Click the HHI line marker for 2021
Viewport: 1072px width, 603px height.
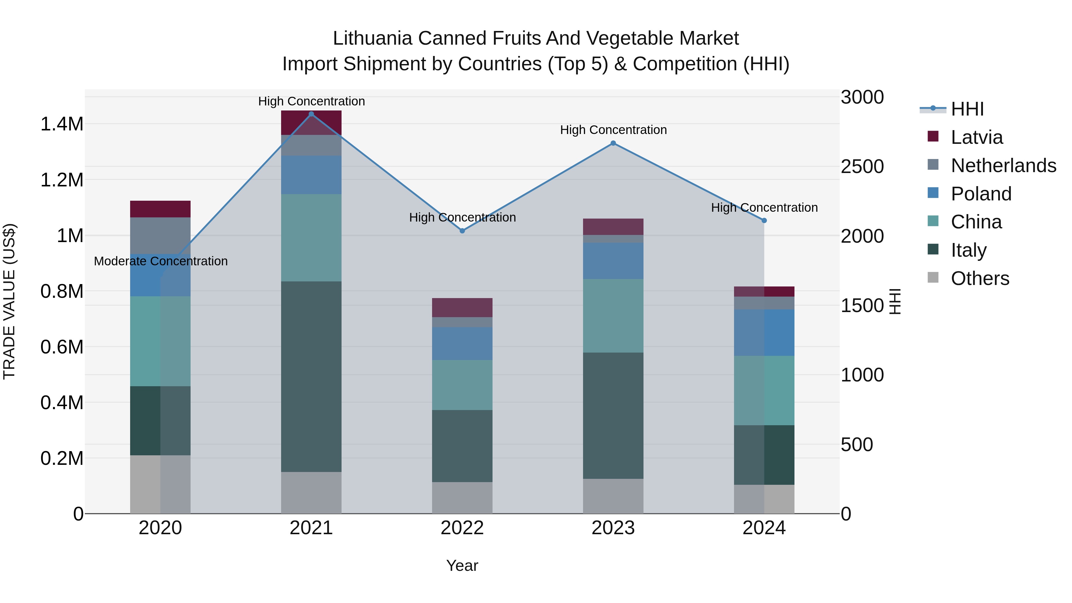coord(311,114)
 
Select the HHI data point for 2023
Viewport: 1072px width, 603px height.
coord(613,143)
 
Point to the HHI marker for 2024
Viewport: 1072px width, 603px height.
coord(764,221)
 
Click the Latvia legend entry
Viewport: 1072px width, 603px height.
coord(976,137)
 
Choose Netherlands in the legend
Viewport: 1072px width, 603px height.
coord(1003,166)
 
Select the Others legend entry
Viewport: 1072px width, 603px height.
coord(980,278)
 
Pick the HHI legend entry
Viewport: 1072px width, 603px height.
coord(967,109)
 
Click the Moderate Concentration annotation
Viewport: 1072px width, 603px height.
coord(161,261)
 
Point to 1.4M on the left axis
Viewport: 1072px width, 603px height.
coord(62,124)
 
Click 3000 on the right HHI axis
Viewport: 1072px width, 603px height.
coord(862,97)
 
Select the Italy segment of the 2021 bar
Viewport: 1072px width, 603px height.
coord(311,377)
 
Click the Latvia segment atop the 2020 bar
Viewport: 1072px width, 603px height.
coord(160,209)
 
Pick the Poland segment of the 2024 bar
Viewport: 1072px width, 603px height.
coord(764,333)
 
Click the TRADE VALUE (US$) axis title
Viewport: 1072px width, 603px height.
coord(10,301)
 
